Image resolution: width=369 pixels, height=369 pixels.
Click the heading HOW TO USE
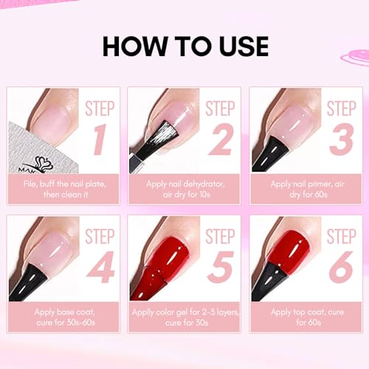click(184, 46)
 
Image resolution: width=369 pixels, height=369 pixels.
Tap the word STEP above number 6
click(341, 236)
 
